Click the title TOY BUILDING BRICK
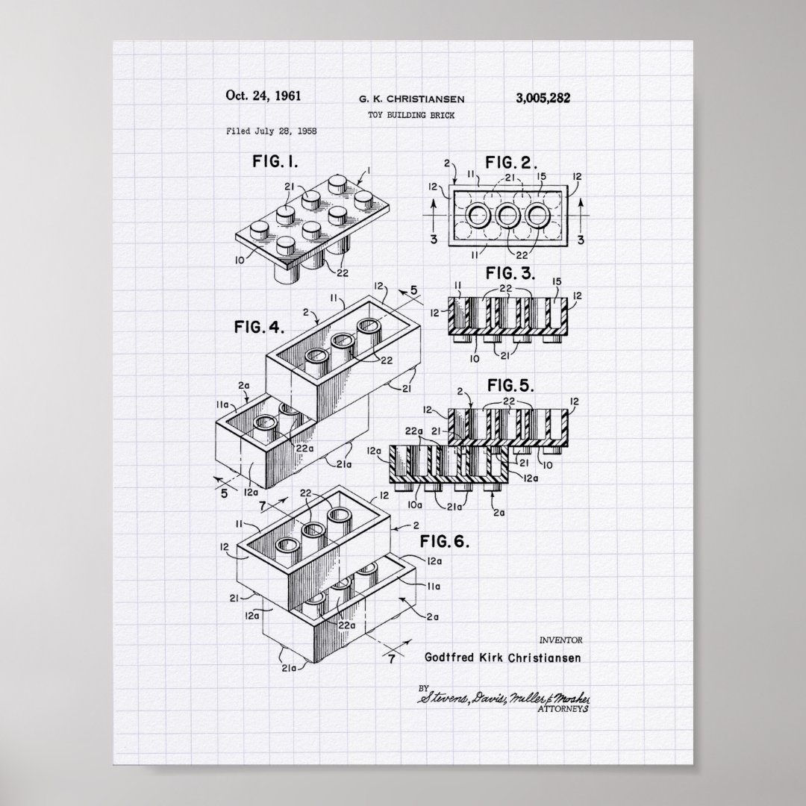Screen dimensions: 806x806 point(410,115)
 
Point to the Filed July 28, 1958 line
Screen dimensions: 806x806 point(271,131)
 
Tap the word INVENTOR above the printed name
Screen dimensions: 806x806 point(559,640)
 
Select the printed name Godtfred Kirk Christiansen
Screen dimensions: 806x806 point(502,657)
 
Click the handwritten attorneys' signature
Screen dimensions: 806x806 point(504,699)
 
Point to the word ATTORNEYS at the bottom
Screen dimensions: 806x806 point(563,709)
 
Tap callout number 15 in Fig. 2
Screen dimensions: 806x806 point(543,176)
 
